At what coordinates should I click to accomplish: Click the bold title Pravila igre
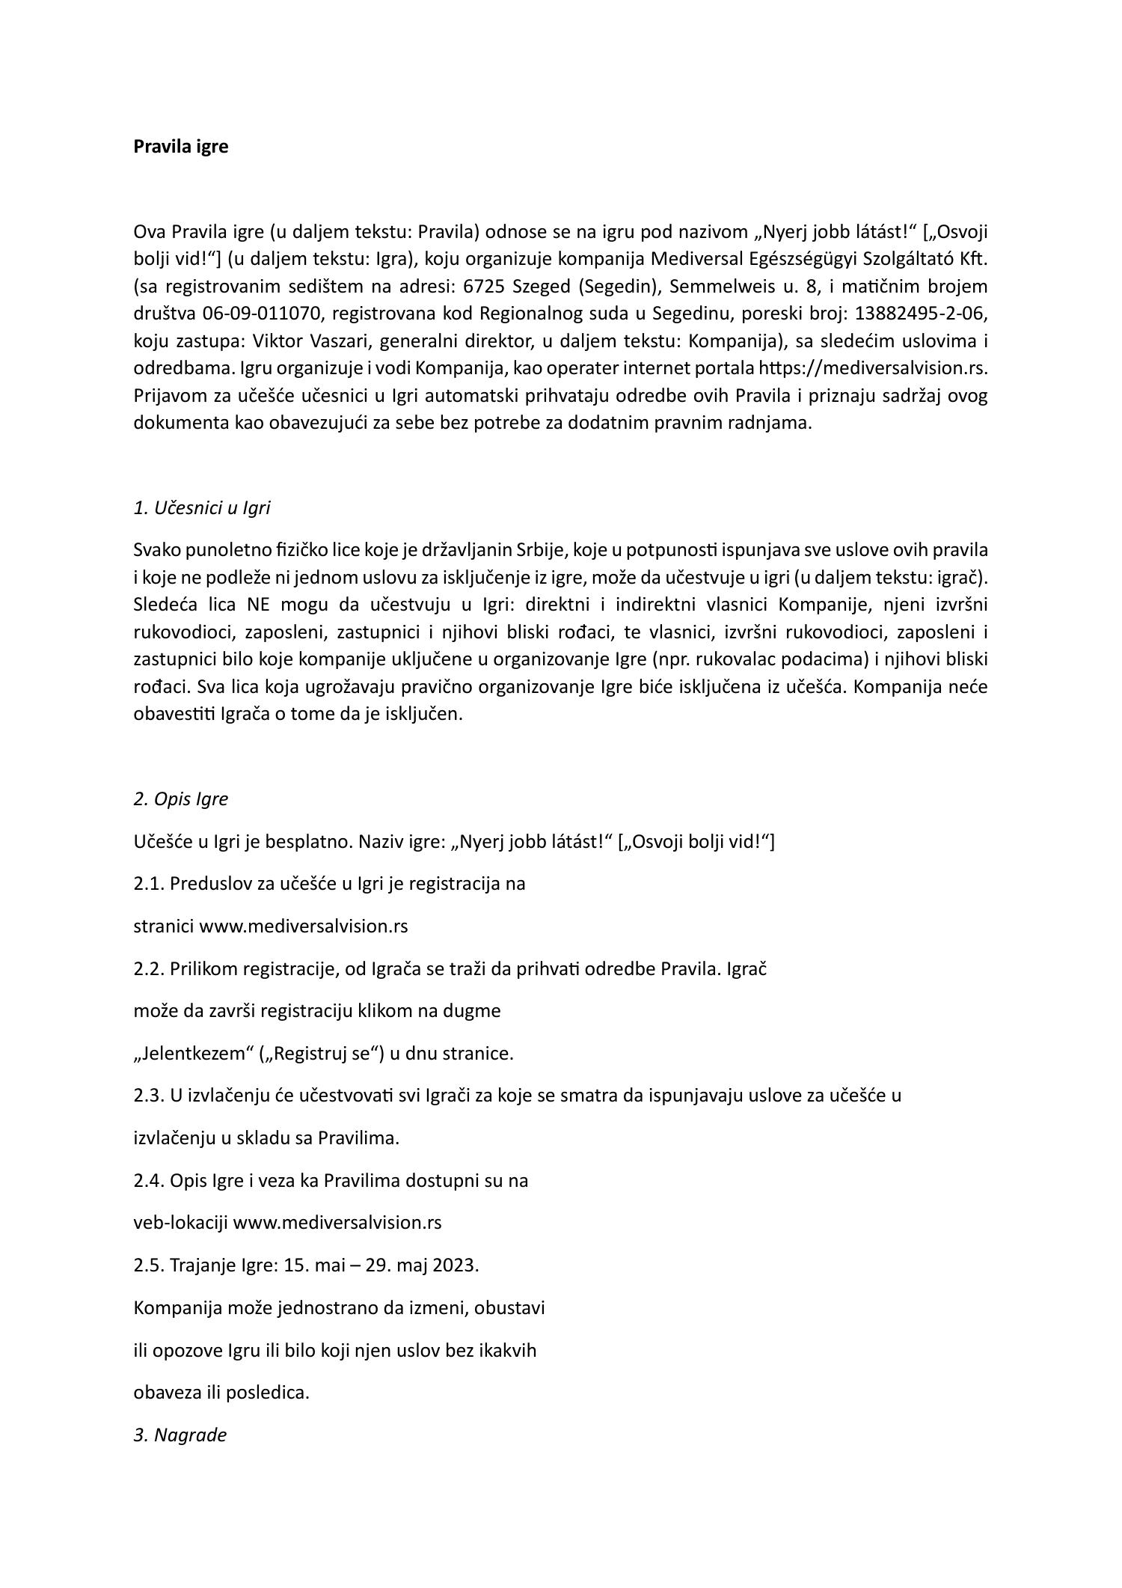point(180,147)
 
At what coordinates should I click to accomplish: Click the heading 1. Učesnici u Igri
point(201,508)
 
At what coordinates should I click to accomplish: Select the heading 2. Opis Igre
point(180,798)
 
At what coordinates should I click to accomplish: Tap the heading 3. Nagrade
point(180,1435)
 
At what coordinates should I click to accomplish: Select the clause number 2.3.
point(149,1096)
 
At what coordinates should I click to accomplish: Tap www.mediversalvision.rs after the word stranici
point(303,926)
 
